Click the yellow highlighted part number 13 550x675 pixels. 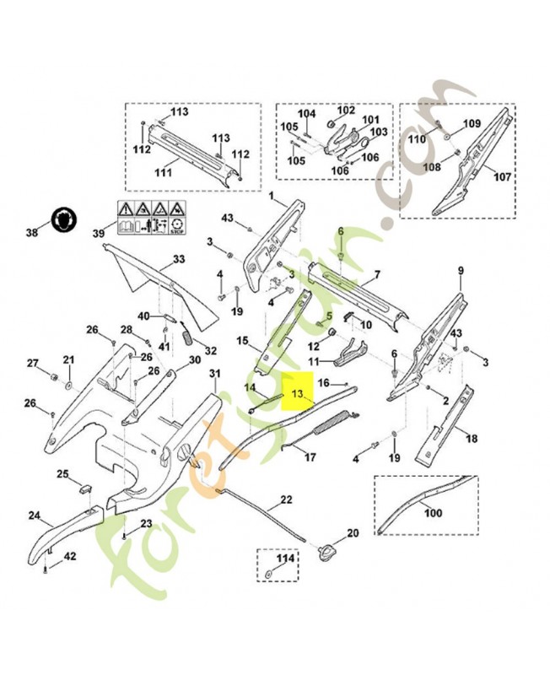tap(297, 394)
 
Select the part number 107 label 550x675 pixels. tap(502, 177)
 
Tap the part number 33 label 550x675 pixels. tap(178, 259)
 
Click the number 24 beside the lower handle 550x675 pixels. tap(35, 515)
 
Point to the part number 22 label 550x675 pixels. tap(286, 499)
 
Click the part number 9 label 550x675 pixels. tap(461, 270)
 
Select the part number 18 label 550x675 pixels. tap(472, 438)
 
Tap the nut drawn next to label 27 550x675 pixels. tap(51, 374)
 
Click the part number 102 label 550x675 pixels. tap(347, 111)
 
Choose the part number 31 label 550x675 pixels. tap(214, 373)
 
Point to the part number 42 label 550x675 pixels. tap(70, 555)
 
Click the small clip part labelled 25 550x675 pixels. tap(85, 488)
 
